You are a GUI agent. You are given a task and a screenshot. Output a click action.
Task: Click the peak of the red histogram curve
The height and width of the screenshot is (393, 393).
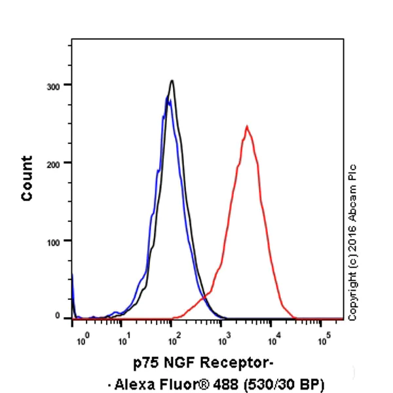pos(246,126)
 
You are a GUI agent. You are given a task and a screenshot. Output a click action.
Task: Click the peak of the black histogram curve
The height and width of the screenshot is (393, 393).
pos(172,81)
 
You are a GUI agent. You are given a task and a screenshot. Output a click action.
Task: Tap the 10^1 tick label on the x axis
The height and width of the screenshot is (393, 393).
pos(122,340)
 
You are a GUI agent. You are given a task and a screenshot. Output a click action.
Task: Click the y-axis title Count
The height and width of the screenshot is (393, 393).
pos(27,178)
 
